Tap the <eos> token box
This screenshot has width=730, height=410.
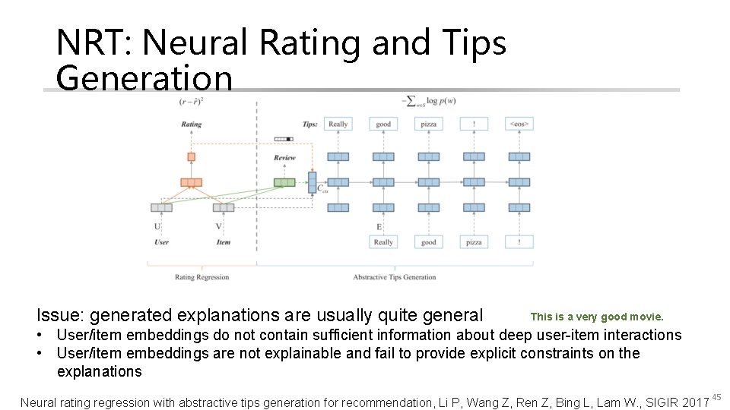(519, 124)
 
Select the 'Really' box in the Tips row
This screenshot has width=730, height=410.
(338, 124)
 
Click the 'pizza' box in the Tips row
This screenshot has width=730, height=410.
(429, 124)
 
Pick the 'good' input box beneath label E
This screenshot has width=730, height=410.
(429, 242)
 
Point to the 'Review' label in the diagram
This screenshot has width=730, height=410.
(284, 158)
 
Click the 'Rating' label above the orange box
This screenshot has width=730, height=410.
(192, 125)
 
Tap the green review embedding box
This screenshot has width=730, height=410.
(284, 182)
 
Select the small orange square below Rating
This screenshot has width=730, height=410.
(191, 157)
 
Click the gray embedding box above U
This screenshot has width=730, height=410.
(161, 207)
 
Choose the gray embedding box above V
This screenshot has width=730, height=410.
(223, 207)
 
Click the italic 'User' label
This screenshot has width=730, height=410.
(161, 242)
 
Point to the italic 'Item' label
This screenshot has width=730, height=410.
(223, 242)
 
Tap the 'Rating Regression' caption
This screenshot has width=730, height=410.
(202, 277)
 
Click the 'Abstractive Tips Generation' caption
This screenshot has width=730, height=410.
(394, 277)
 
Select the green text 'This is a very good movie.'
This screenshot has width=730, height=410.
(597, 317)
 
